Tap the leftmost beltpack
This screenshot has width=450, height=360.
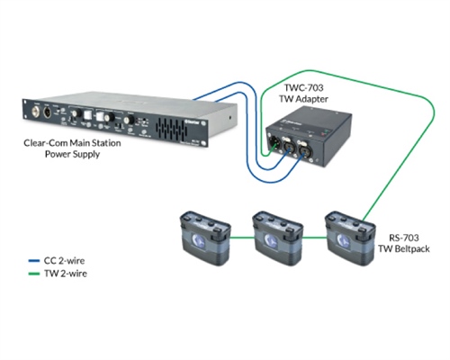coord(202,235)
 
